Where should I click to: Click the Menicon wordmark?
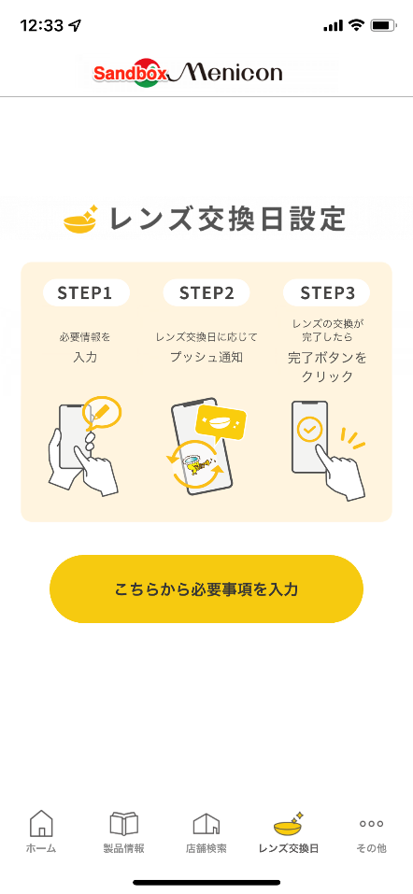(x=226, y=72)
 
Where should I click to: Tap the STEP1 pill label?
(x=86, y=293)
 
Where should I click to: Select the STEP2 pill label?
(x=206, y=293)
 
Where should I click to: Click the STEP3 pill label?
(x=327, y=293)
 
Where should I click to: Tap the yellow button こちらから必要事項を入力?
(x=206, y=589)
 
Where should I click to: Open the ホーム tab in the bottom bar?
(x=41, y=831)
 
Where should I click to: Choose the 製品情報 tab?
(x=123, y=831)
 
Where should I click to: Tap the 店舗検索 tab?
(x=206, y=831)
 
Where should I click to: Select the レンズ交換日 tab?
(x=289, y=831)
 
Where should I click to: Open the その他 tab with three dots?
(x=371, y=831)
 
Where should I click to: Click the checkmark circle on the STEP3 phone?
(x=310, y=429)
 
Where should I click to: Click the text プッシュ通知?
(x=206, y=358)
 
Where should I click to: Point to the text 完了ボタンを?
(x=327, y=358)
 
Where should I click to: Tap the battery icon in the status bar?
(x=383, y=25)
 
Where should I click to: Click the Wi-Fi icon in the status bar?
(x=357, y=25)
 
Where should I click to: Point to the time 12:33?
(x=42, y=25)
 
